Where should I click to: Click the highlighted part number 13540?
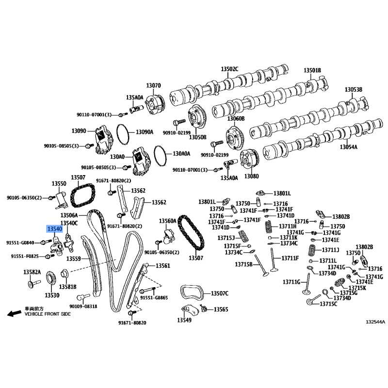[54, 229]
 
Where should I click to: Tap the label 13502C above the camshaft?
[229, 69]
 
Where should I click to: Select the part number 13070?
[153, 85]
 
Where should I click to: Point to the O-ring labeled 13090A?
[123, 134]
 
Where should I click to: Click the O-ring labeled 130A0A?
[161, 156]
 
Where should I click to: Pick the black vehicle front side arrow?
[15, 313]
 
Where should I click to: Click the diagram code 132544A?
[375, 322]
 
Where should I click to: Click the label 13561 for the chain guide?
[163, 266]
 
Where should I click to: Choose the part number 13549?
[184, 320]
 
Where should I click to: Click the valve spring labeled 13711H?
[269, 226]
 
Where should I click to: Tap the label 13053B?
[354, 89]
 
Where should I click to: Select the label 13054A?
[348, 147]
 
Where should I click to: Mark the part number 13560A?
[167, 221]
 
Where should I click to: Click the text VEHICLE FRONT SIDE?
[48, 314]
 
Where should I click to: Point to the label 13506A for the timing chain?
[69, 215]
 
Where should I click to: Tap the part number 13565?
[221, 309]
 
